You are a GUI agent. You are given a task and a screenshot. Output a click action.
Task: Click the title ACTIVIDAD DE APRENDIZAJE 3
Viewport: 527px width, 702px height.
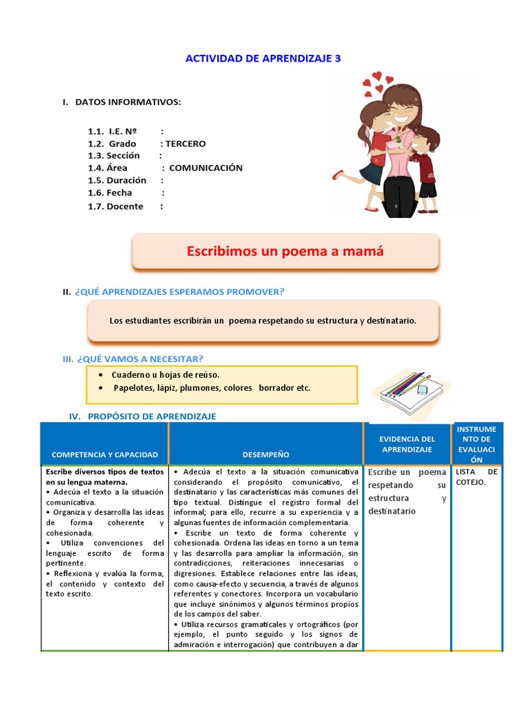(263, 59)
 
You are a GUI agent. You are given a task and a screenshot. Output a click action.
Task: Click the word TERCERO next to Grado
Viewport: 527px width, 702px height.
(185, 144)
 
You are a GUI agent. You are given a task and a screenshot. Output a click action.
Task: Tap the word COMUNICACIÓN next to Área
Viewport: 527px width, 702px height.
(206, 168)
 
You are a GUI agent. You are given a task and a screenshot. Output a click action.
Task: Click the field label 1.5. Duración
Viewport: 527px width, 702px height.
(117, 180)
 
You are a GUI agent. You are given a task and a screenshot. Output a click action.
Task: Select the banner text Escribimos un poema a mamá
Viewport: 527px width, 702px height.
(285, 252)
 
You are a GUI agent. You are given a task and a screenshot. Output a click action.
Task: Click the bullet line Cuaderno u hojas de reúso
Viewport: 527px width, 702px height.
(165, 375)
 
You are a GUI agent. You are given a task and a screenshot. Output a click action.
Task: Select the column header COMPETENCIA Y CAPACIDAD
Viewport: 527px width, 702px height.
(104, 455)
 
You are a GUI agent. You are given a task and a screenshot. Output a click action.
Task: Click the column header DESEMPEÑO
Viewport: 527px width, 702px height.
(266, 455)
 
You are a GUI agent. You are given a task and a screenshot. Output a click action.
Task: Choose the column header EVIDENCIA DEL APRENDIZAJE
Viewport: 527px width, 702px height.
(408, 444)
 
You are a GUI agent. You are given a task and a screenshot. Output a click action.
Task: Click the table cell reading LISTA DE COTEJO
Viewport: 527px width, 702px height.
(477, 477)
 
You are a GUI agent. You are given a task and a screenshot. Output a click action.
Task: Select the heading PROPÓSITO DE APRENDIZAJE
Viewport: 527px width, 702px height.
(152, 416)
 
